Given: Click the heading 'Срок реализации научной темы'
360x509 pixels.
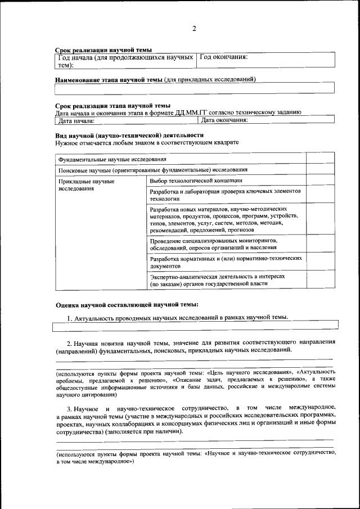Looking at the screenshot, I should click(x=103, y=50).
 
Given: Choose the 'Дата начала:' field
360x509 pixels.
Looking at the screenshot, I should click(x=127, y=120).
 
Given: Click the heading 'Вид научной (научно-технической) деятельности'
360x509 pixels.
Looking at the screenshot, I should click(x=129, y=136).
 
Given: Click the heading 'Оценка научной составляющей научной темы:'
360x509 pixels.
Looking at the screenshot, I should click(x=127, y=305).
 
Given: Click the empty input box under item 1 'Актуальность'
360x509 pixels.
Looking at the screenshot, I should click(x=195, y=325).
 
